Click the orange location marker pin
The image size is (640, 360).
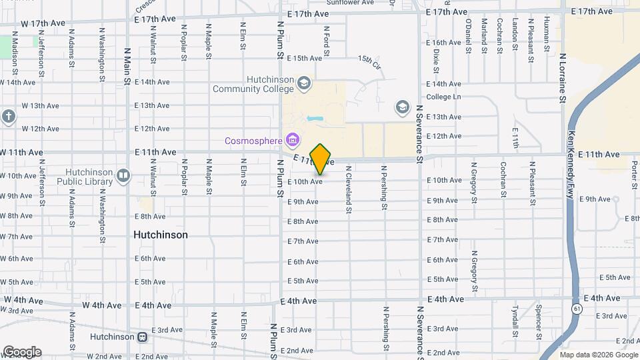pos(321,159)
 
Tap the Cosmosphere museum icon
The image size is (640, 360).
pos(291,140)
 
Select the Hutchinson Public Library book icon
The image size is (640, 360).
pos(123,175)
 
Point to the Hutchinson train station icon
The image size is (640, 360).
pos(142,337)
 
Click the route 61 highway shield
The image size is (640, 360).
pos(575,309)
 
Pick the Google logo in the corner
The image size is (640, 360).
pos(22,351)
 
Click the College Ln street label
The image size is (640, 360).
pos(443,97)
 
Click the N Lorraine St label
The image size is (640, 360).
pos(563,79)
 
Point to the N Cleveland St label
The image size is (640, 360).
pos(348,190)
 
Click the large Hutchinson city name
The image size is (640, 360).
pos(160,235)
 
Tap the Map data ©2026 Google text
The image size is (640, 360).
pos(598,355)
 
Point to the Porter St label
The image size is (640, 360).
pos(635,174)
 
